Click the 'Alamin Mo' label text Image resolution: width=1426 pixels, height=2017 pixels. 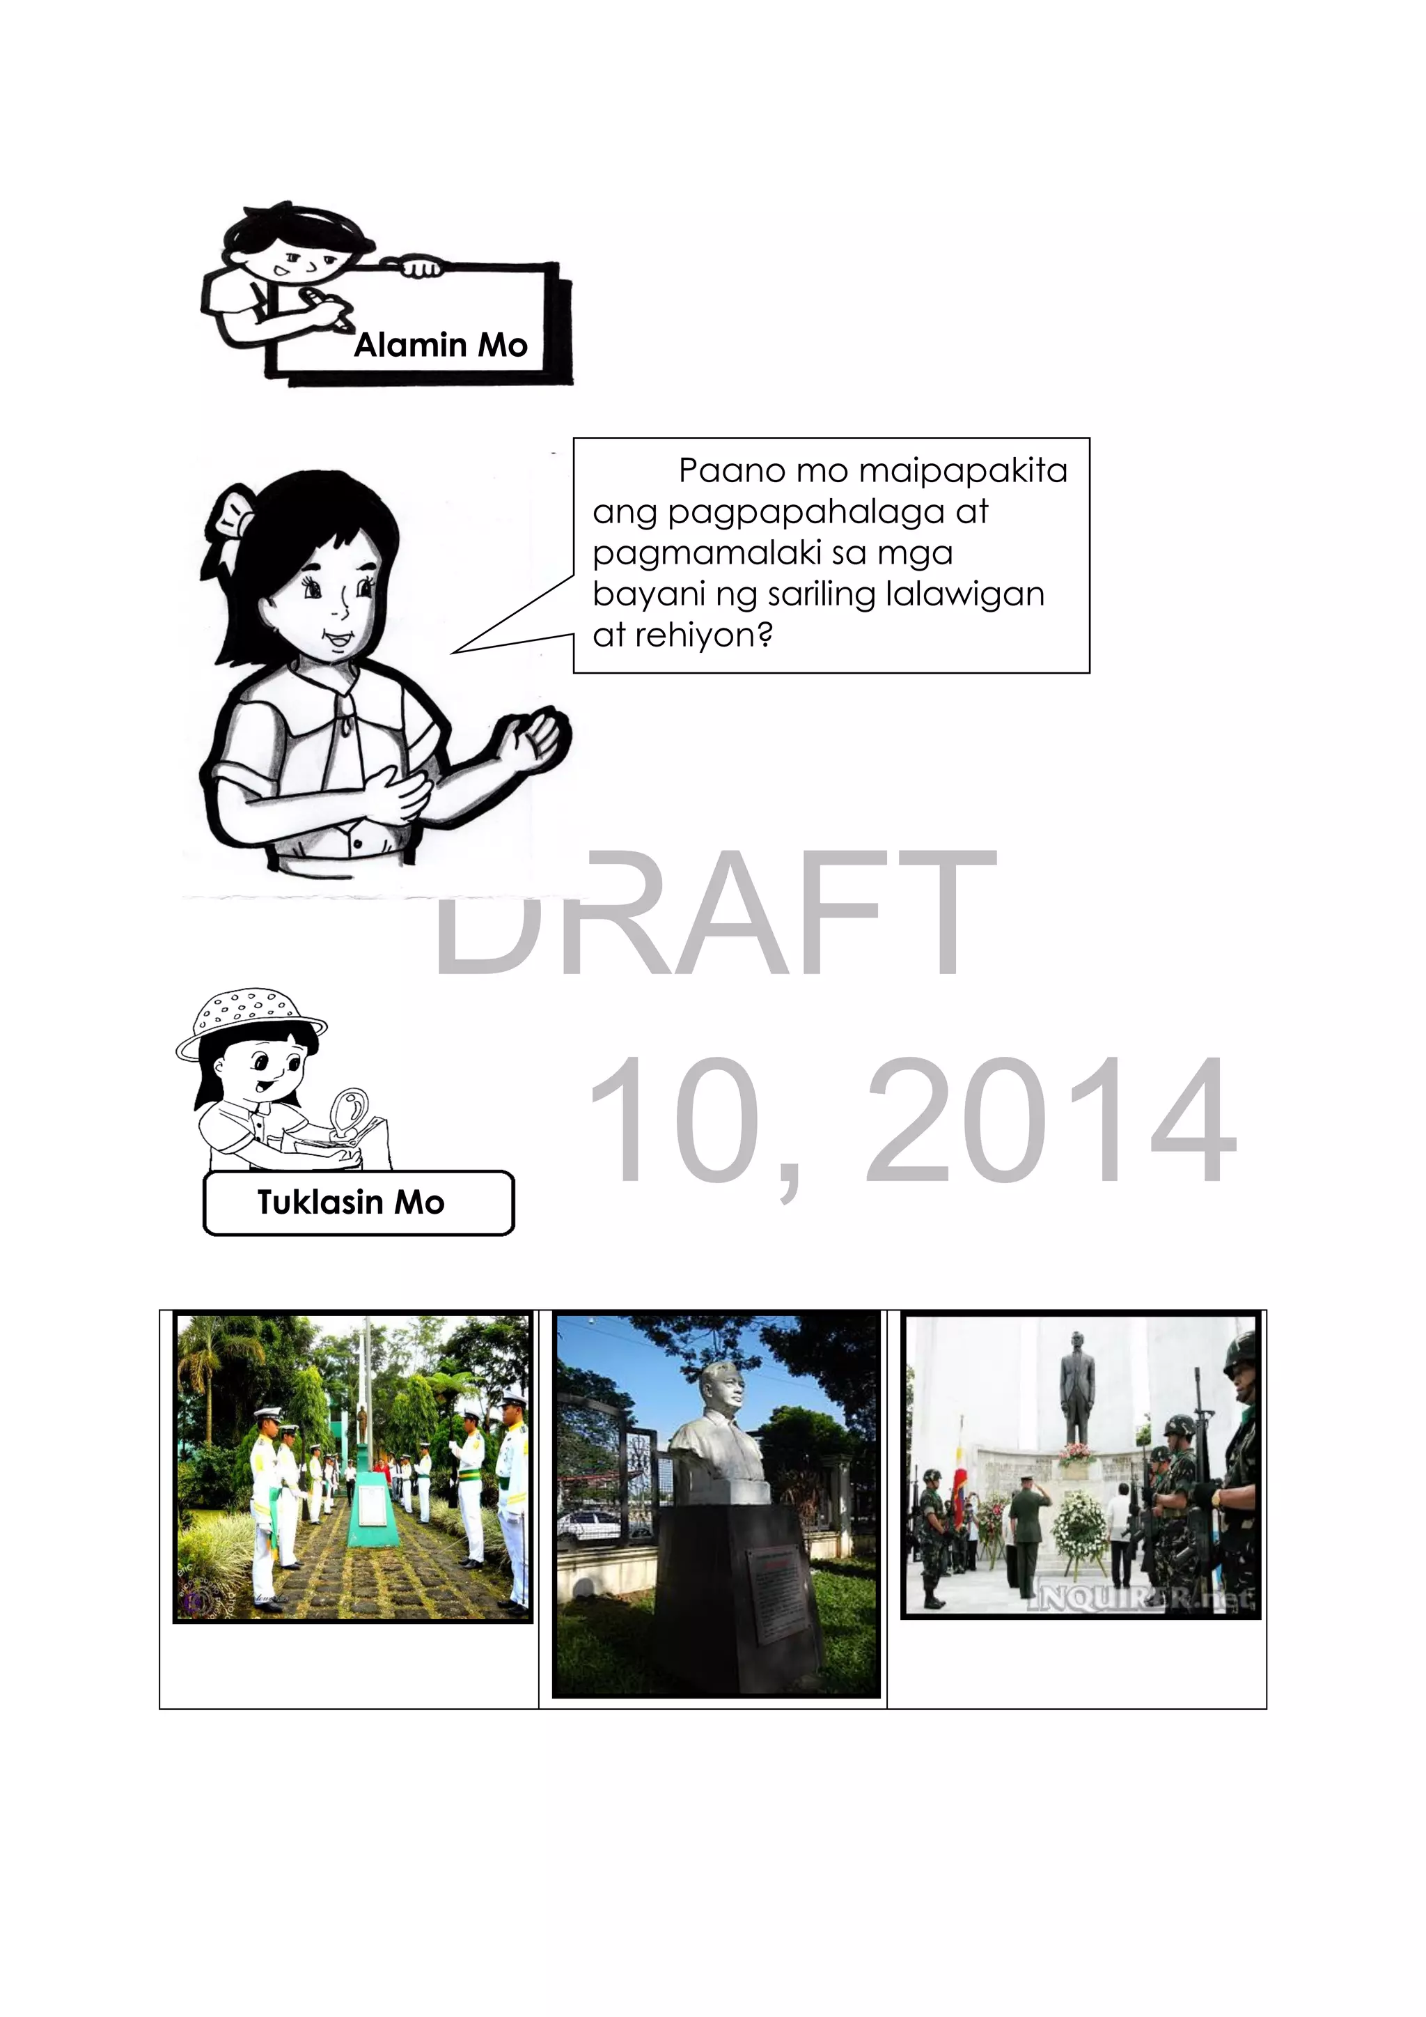[x=440, y=346]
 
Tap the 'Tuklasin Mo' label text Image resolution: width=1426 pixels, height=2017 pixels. [x=350, y=1202]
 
